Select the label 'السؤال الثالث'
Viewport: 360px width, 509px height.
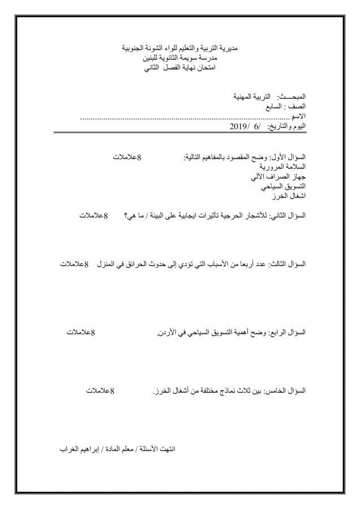click(290, 264)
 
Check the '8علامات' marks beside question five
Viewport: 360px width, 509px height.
click(101, 391)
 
